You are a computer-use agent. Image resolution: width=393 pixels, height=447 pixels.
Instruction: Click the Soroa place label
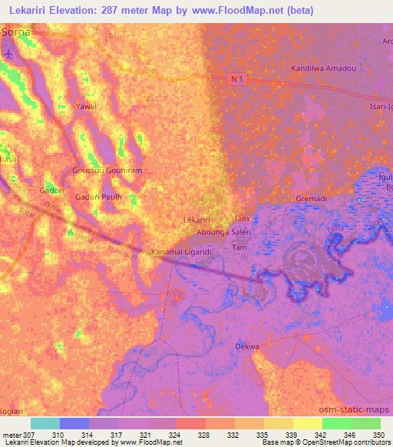point(18,33)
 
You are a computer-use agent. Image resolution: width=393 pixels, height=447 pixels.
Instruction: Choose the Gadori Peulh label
point(94,197)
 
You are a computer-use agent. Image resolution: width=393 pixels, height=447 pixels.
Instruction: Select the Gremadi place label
point(312,199)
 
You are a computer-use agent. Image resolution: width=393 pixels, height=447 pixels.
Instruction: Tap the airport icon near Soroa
point(8,55)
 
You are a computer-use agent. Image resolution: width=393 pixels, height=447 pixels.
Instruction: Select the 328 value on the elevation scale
point(203,435)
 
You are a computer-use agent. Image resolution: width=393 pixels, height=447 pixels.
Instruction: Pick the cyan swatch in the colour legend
point(45,423)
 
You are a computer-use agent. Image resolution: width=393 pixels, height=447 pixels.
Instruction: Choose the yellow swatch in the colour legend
point(307,423)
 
